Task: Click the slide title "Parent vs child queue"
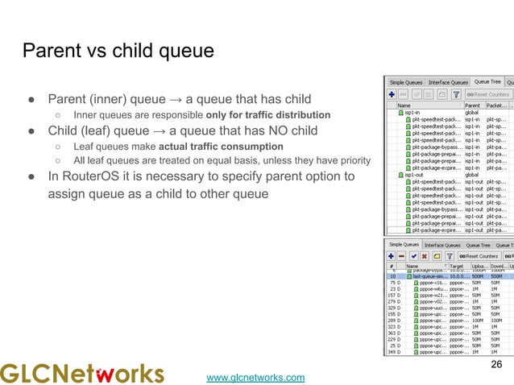(x=118, y=52)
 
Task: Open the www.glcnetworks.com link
(x=255, y=377)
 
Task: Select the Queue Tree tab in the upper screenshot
(x=487, y=82)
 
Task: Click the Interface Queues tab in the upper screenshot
(x=449, y=82)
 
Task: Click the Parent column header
(x=473, y=105)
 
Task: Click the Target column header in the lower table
(x=457, y=265)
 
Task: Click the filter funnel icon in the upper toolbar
(x=456, y=94)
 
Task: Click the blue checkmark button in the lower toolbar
(x=413, y=256)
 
